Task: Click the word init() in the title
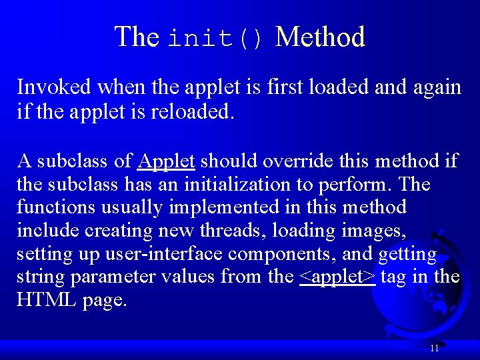click(x=216, y=37)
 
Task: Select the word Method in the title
click(x=320, y=37)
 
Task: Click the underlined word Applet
click(x=166, y=161)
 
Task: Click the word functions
click(x=55, y=207)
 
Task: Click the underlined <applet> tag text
click(x=337, y=276)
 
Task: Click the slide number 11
click(x=434, y=348)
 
